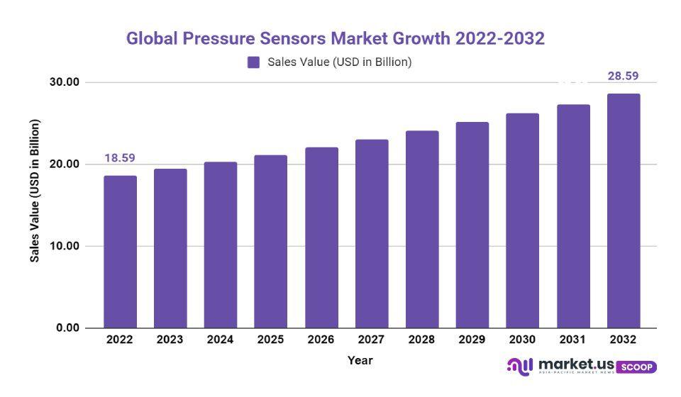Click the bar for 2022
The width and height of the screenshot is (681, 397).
120,252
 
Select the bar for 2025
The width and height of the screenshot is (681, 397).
271,242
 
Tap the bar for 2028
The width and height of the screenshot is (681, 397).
422,229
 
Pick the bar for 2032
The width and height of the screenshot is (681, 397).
624,211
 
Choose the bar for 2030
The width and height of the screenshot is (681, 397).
523,220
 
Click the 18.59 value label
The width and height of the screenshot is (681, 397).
120,158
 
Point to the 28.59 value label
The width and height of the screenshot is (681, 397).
624,76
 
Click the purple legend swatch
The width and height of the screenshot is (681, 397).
254,62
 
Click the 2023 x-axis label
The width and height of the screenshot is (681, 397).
170,340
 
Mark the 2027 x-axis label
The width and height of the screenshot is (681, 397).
372,340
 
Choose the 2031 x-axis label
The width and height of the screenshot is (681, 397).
573,340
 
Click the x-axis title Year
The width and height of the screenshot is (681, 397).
360,360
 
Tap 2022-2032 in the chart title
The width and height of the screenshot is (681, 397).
499,38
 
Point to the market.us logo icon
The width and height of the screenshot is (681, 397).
519,366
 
